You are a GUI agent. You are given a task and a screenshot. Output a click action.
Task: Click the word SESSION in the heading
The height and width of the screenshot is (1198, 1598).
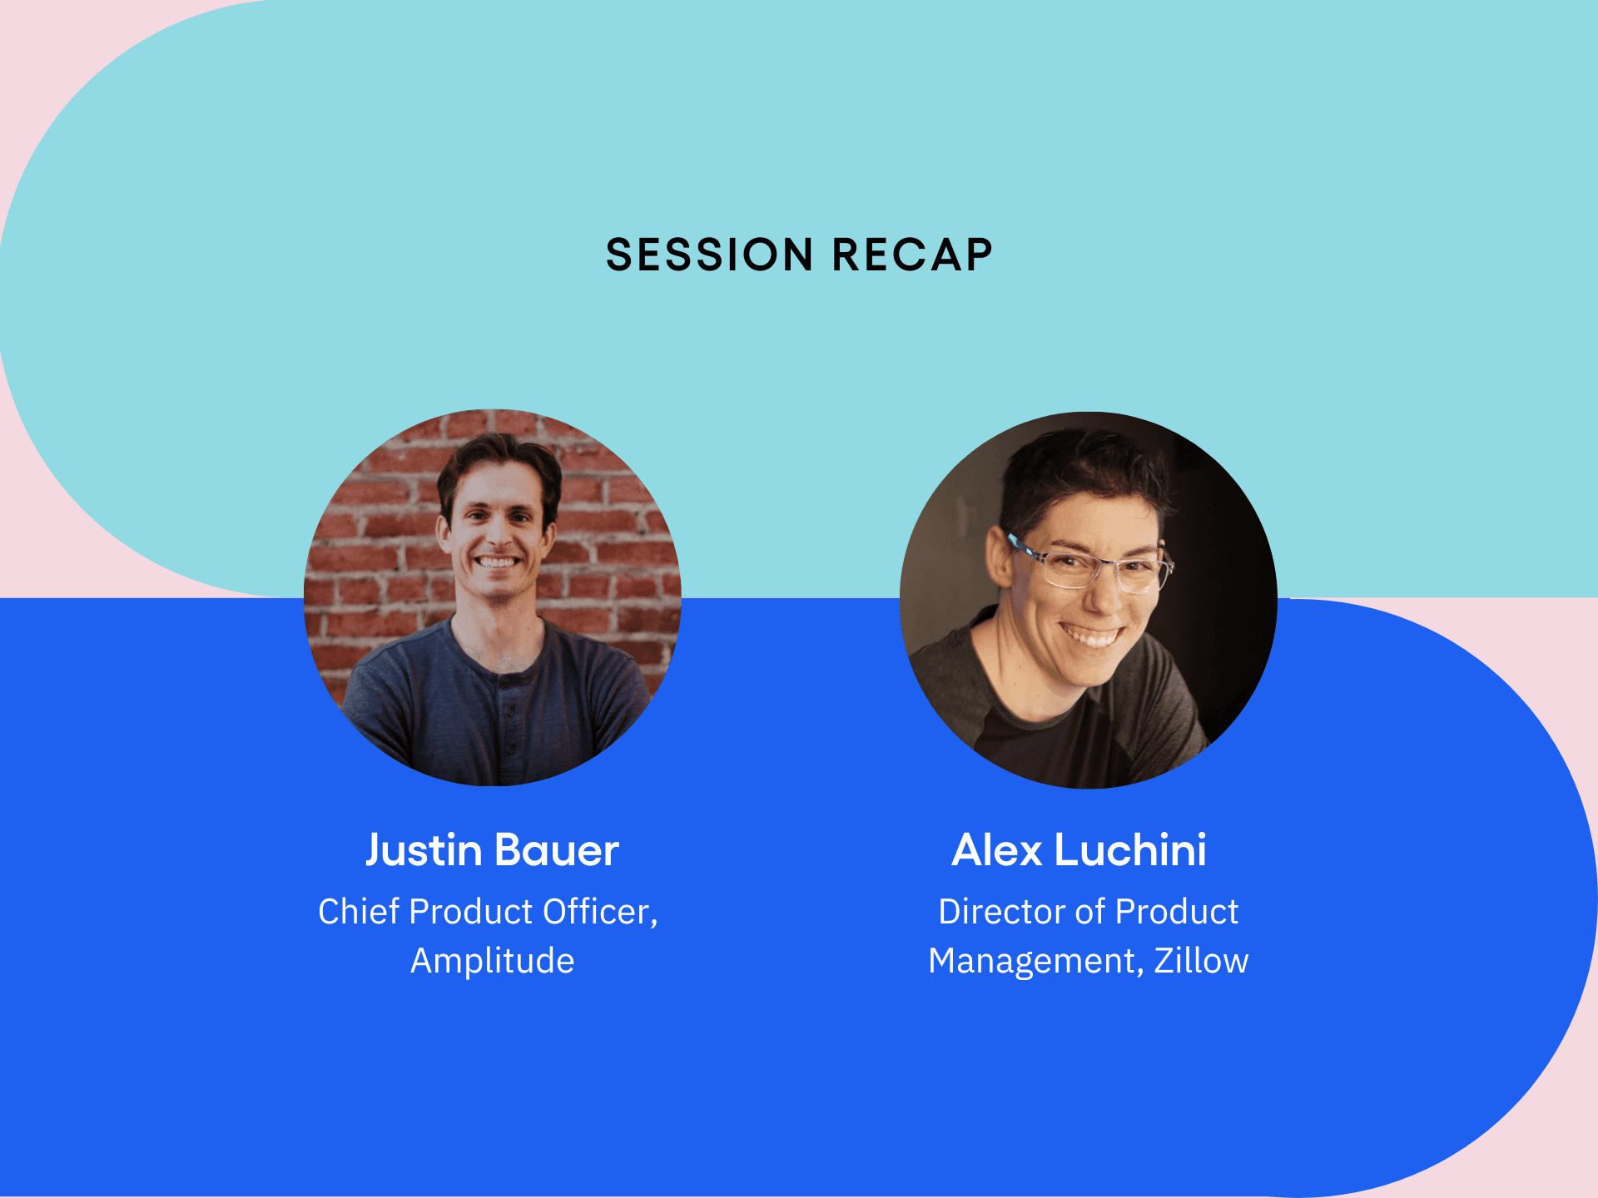pyautogui.click(x=708, y=255)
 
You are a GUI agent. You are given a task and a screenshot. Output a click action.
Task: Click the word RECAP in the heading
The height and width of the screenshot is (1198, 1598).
pyautogui.click(x=912, y=255)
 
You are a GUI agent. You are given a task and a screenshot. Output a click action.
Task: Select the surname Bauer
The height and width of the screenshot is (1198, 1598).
pyautogui.click(x=556, y=850)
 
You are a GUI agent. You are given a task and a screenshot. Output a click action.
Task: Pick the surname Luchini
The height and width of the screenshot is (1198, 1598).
pyautogui.click(x=1130, y=850)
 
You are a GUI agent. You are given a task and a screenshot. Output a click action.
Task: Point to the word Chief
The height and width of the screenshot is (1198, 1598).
pyautogui.click(x=359, y=912)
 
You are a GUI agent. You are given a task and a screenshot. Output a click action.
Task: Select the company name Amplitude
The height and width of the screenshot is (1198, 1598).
pyautogui.click(x=492, y=961)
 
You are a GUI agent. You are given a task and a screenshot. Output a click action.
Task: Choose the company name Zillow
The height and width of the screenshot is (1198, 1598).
pyautogui.click(x=1201, y=961)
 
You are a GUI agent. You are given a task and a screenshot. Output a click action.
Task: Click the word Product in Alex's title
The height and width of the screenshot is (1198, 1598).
pyautogui.click(x=1176, y=912)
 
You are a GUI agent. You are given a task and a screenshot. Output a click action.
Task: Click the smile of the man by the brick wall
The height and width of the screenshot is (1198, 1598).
pyautogui.click(x=497, y=562)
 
